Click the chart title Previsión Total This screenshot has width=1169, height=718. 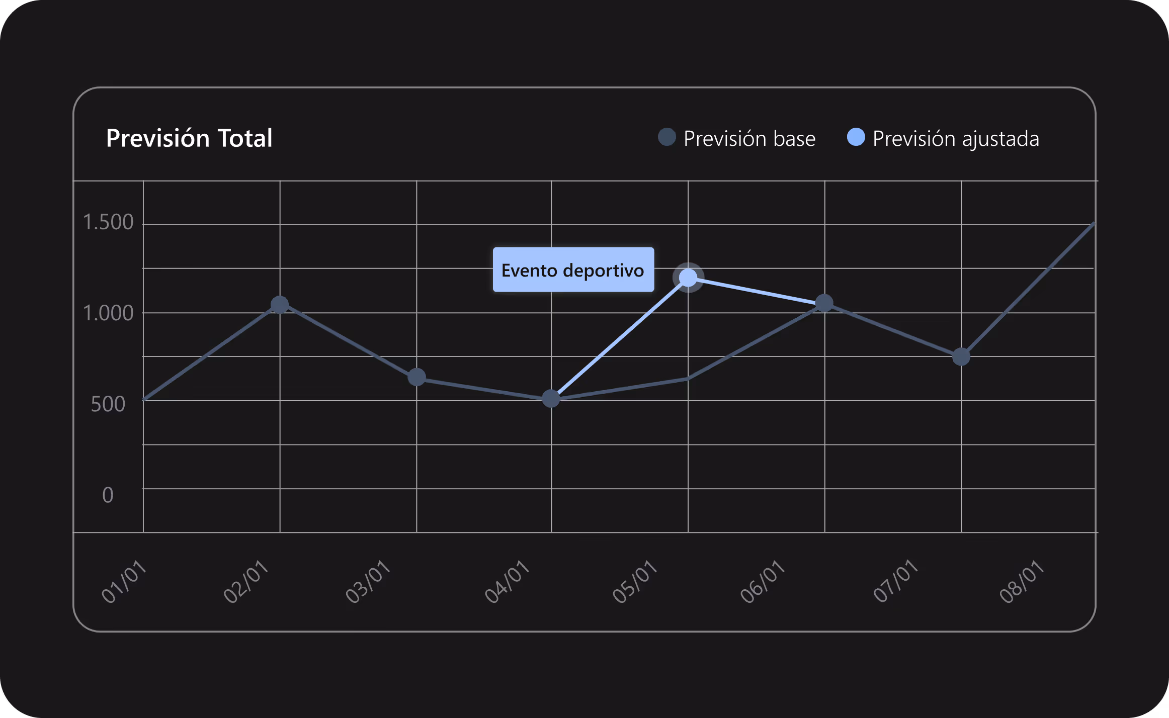[189, 138]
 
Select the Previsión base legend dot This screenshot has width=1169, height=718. [667, 137]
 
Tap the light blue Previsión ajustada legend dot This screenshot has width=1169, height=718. [856, 137]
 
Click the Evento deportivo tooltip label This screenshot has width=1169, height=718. [573, 270]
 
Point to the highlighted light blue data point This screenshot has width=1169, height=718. [688, 277]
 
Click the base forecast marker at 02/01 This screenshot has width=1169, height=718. [280, 304]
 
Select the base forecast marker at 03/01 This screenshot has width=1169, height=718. [416, 377]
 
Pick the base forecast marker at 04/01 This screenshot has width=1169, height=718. [551, 399]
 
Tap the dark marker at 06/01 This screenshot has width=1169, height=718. [824, 303]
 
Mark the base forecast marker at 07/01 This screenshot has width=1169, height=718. [961, 357]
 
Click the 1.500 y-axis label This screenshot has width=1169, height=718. [108, 222]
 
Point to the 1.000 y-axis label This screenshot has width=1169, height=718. [108, 313]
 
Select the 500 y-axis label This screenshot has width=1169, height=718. [108, 404]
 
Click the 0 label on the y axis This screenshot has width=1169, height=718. [108, 495]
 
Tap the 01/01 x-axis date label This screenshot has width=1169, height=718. [124, 581]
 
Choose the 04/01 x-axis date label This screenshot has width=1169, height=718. [507, 581]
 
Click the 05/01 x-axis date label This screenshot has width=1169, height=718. [635, 581]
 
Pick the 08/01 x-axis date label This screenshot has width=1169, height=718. [1022, 581]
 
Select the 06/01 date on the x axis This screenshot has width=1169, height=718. [763, 581]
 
